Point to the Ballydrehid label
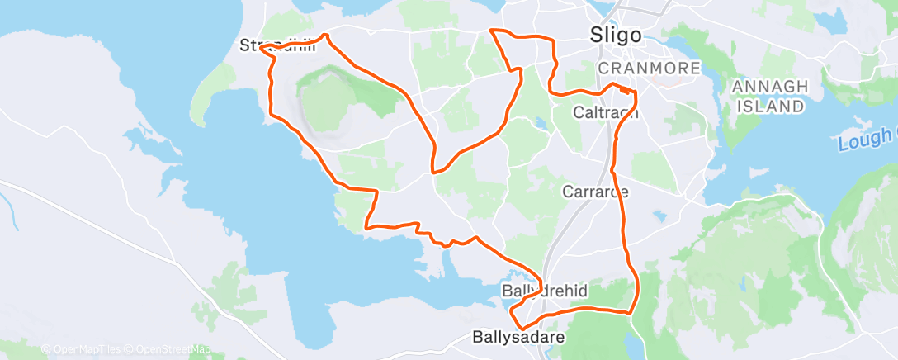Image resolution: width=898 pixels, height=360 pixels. point(545,291)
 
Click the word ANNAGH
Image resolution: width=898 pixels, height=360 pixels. point(768,86)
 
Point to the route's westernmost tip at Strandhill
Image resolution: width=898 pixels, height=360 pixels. point(260,48)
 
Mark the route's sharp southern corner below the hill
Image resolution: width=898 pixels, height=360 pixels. point(432,173)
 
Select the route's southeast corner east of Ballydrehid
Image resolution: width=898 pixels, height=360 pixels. point(631,312)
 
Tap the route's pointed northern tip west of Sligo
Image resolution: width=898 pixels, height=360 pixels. point(492,30)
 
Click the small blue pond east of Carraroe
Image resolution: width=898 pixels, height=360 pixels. point(659,216)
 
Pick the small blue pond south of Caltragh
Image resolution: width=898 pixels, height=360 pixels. point(540,125)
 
